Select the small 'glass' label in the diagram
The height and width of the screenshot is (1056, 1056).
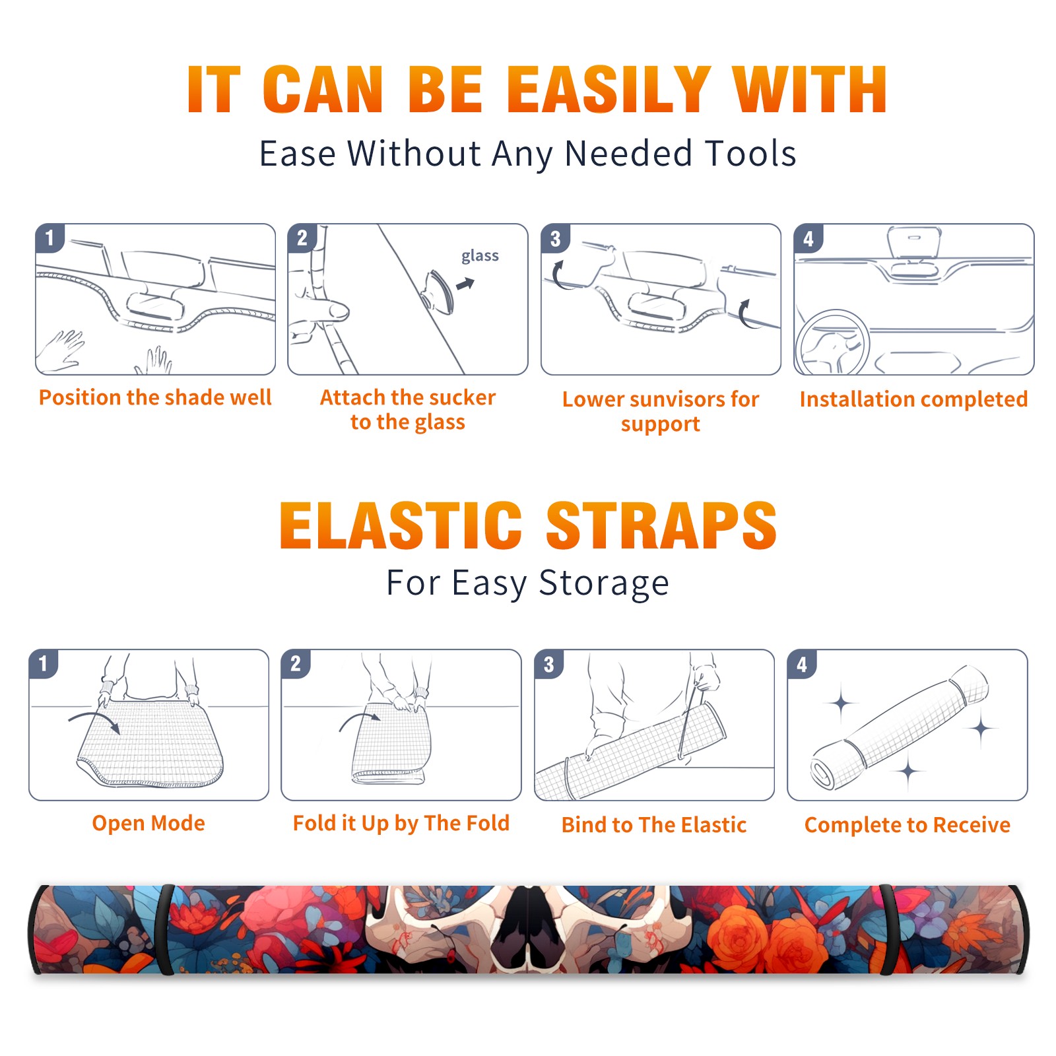click(x=480, y=256)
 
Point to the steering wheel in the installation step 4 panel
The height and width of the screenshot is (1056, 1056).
click(x=832, y=343)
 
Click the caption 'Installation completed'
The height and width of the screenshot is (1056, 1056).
click(x=913, y=399)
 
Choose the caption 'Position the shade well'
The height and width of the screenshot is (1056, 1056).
click(x=155, y=397)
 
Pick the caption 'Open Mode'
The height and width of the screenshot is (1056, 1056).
click(x=148, y=823)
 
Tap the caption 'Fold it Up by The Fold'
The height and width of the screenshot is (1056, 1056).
click(x=401, y=824)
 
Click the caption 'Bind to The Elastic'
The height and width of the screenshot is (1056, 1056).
click(x=654, y=825)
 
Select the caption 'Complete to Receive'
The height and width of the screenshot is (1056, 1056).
click(x=907, y=825)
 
